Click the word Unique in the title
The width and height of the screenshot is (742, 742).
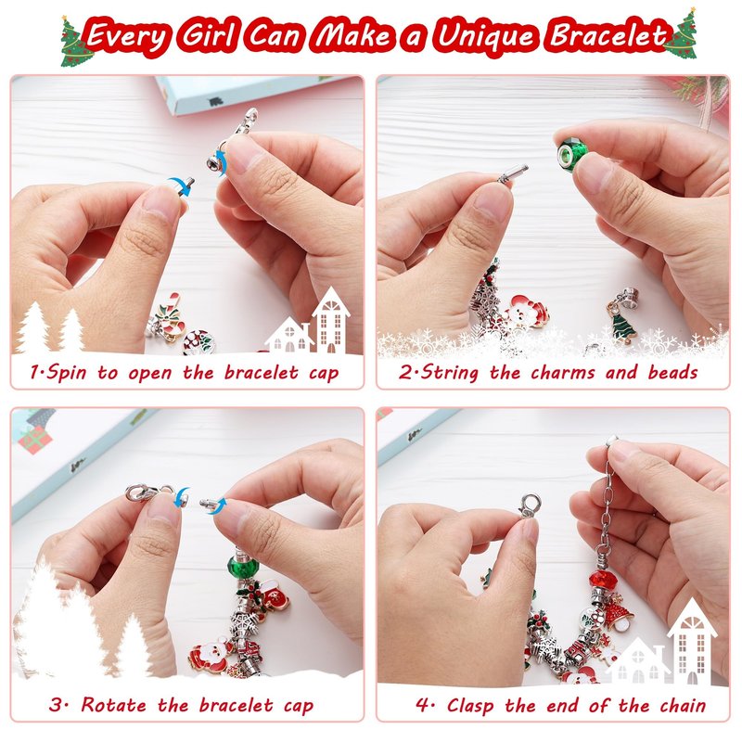(x=486, y=35)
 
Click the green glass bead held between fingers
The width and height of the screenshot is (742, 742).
(x=572, y=150)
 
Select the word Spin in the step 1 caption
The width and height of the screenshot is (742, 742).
(x=66, y=373)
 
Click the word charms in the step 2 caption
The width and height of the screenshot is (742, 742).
(x=563, y=373)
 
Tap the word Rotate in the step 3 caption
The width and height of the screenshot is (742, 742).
(x=113, y=705)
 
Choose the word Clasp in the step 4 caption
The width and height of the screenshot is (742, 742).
(x=470, y=706)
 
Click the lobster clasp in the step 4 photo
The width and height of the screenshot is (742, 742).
(x=530, y=505)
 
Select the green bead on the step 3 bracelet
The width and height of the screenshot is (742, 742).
(x=242, y=566)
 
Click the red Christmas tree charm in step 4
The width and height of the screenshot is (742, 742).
(x=618, y=612)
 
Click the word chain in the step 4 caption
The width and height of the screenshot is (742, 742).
(x=683, y=706)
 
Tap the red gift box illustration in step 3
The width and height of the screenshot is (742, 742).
(x=35, y=439)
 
